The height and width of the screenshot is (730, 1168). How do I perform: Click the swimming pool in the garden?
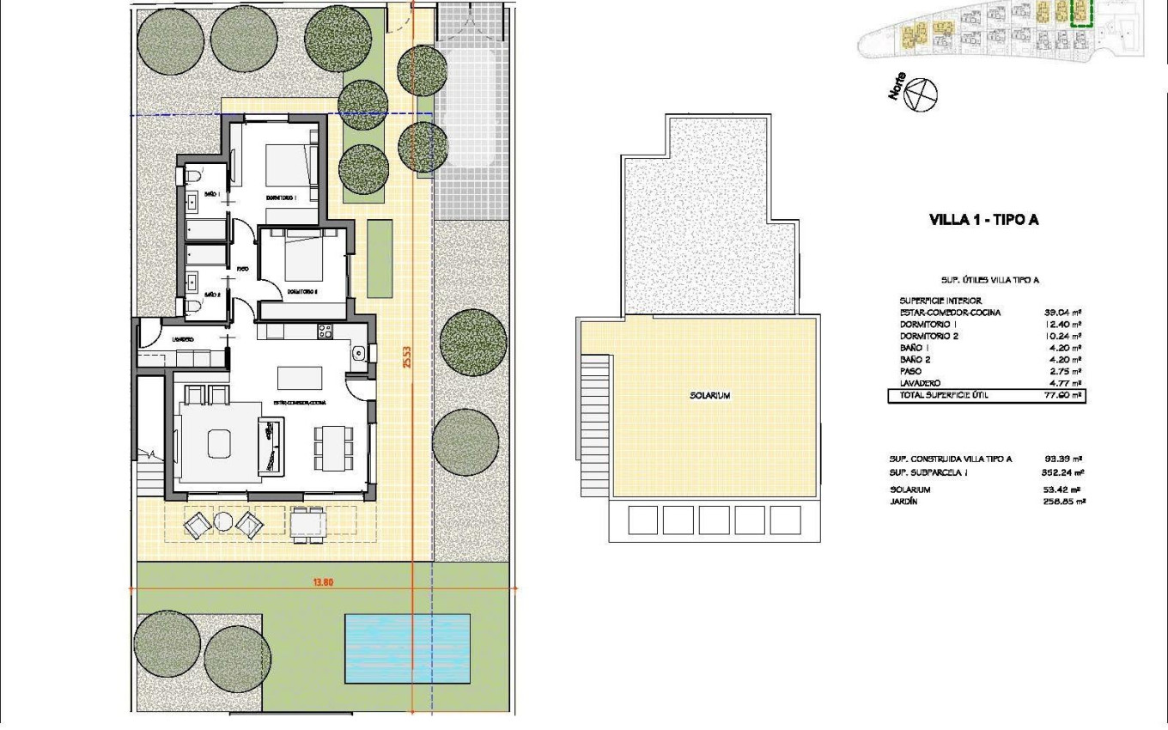click(x=407, y=648)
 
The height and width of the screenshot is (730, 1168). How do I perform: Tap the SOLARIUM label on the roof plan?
click(x=709, y=396)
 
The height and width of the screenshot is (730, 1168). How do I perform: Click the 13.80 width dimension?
click(x=323, y=581)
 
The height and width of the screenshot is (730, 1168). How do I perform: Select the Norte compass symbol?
click(x=922, y=93)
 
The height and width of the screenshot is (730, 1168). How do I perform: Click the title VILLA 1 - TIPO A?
click(x=984, y=220)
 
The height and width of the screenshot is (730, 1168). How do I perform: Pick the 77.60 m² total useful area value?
click(x=1062, y=396)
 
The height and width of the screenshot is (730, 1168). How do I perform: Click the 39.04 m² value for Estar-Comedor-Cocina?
click(x=1062, y=313)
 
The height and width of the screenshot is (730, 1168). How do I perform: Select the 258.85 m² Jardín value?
click(x=1062, y=502)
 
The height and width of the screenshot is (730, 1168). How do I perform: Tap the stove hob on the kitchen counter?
click(x=325, y=329)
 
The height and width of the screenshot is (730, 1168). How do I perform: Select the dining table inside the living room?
click(x=332, y=447)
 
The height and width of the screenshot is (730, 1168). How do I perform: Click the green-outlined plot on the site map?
click(x=1080, y=13)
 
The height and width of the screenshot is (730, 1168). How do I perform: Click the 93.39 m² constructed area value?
click(x=1062, y=459)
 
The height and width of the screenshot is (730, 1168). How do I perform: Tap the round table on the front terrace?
click(x=223, y=520)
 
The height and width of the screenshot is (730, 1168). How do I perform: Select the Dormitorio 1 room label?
click(x=281, y=198)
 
